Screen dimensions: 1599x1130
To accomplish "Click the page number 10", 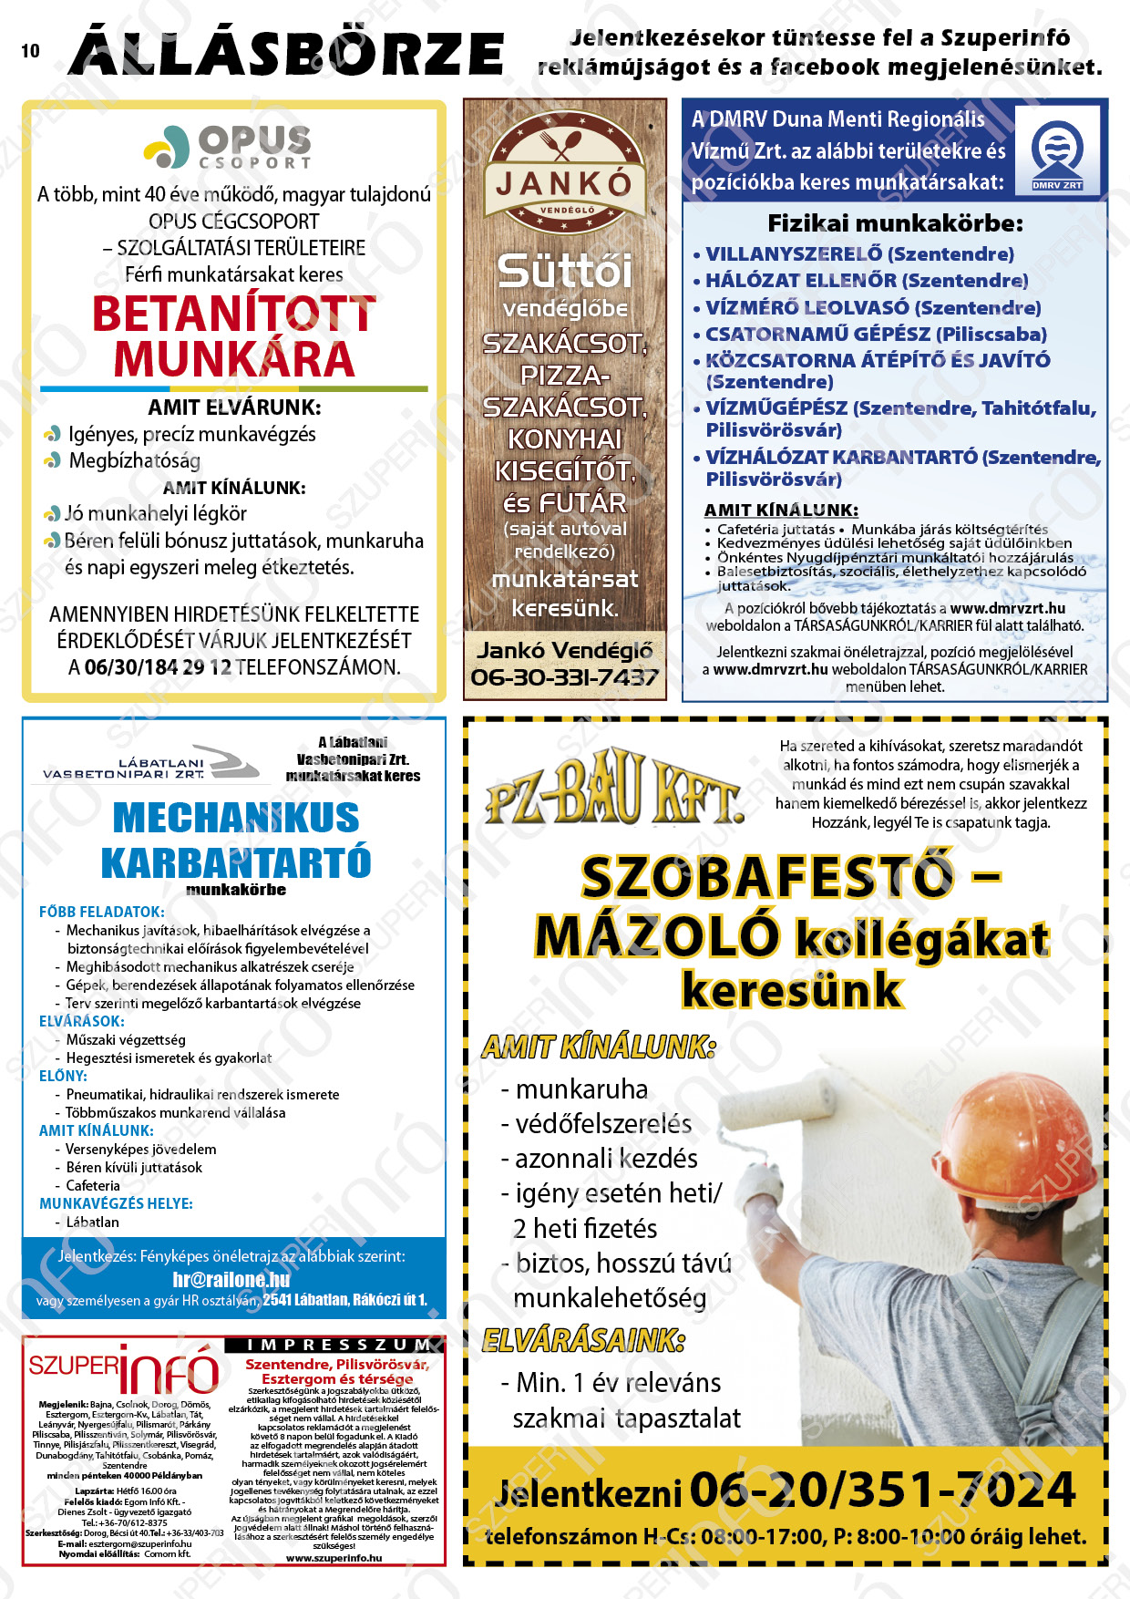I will click(x=30, y=51).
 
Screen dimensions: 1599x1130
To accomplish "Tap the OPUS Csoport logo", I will click(x=229, y=147).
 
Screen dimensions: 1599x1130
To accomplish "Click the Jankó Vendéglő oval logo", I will click(x=564, y=173).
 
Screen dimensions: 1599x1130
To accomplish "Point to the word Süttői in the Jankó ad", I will click(x=564, y=271).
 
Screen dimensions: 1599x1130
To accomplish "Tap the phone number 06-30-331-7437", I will click(x=564, y=677).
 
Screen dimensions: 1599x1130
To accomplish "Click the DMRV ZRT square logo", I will click(x=1057, y=151).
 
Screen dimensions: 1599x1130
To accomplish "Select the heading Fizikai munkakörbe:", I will click(x=895, y=223).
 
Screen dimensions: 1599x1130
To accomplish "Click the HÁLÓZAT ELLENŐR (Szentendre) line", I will click(x=866, y=281).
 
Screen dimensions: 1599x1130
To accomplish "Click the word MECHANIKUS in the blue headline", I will click(x=236, y=818).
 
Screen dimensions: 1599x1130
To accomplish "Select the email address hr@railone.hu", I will click(x=231, y=1279).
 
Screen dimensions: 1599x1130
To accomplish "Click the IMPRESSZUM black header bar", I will click(x=334, y=1345).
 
